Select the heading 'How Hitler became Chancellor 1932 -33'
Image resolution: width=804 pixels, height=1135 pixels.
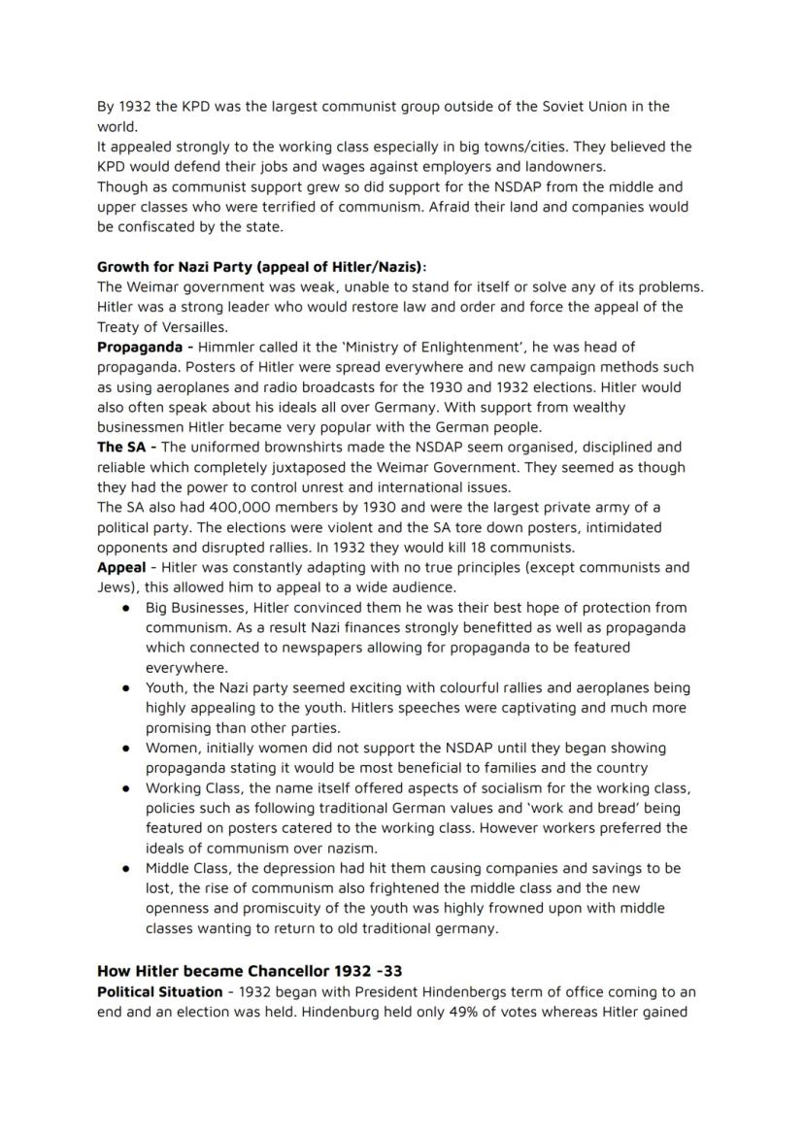pos(250,971)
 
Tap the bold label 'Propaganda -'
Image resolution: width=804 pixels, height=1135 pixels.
pos(145,347)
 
